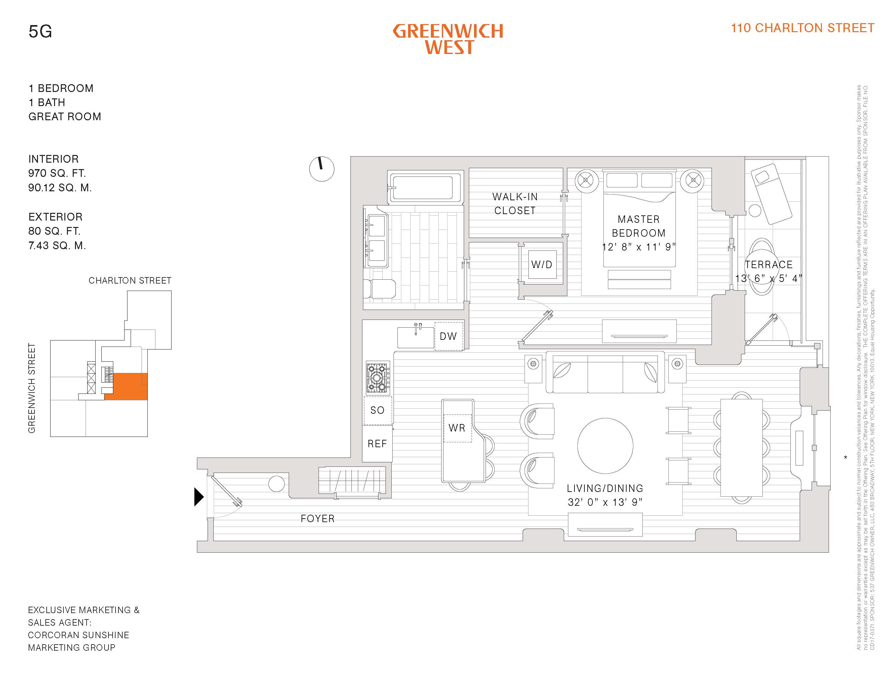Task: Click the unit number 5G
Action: click(40, 32)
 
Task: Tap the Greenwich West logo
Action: click(448, 39)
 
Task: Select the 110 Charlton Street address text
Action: click(802, 28)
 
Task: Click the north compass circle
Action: click(321, 169)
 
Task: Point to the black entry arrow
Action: click(199, 497)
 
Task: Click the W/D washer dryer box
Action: click(542, 265)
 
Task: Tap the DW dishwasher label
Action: click(448, 336)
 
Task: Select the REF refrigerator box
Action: click(377, 444)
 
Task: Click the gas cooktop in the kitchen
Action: click(378, 378)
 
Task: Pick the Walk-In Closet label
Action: click(515, 204)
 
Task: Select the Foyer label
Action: click(318, 519)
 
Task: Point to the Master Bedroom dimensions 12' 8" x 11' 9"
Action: click(638, 247)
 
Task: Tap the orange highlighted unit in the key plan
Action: click(129, 386)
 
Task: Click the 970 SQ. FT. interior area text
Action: click(57, 173)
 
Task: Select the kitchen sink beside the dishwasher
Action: click(415, 338)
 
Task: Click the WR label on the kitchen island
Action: click(457, 428)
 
